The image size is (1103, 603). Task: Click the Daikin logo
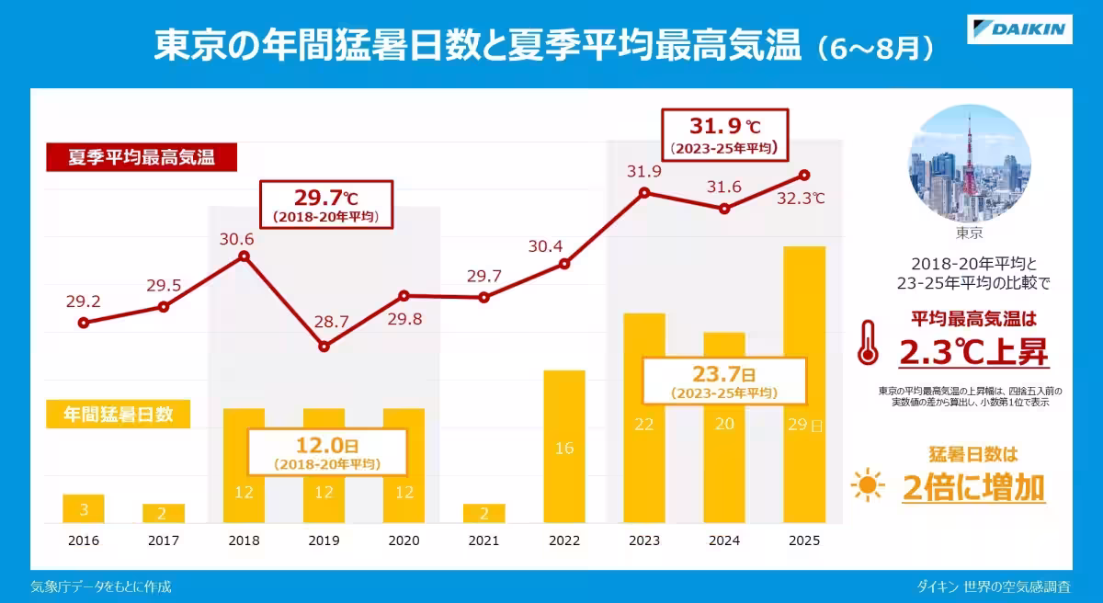click(x=1019, y=29)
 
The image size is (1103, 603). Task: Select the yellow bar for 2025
click(x=804, y=384)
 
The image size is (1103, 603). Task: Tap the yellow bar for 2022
click(x=564, y=447)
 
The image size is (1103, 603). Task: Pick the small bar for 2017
click(x=164, y=514)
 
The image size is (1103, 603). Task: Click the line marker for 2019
click(x=324, y=347)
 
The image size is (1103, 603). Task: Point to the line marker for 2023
click(x=644, y=192)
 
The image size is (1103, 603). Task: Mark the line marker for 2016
click(x=84, y=323)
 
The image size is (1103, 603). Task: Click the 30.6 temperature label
click(x=237, y=239)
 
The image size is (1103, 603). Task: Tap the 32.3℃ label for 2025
click(x=801, y=199)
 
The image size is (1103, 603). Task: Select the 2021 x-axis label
click(x=483, y=540)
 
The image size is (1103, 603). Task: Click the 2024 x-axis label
click(x=724, y=540)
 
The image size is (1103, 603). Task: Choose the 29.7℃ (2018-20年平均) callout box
click(x=326, y=204)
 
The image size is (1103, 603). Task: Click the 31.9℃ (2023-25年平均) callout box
click(x=725, y=135)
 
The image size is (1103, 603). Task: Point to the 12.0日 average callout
click(x=327, y=452)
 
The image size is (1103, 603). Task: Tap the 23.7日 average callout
click(x=724, y=381)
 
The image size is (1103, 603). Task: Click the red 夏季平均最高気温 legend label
click(x=142, y=157)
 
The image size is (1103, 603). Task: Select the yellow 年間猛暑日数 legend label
click(x=119, y=414)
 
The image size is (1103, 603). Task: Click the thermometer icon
click(x=868, y=343)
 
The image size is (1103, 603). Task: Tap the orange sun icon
click(x=868, y=484)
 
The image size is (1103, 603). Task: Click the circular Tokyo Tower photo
click(x=969, y=164)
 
